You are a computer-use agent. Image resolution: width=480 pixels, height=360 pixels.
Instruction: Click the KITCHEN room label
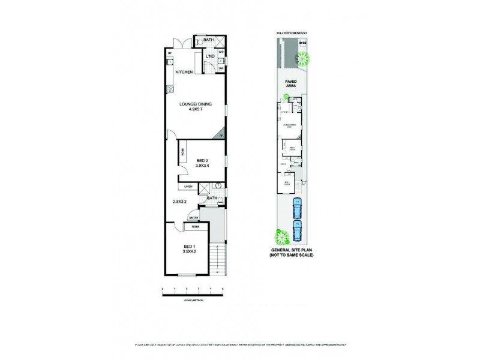click(x=184, y=73)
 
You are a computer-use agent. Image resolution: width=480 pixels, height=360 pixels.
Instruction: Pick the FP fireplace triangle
click(x=221, y=135)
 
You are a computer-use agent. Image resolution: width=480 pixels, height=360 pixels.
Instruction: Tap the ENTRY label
click(x=194, y=217)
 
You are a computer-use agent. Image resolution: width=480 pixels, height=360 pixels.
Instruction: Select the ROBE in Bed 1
click(x=196, y=227)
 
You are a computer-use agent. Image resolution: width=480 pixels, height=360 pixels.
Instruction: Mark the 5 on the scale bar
click(x=223, y=289)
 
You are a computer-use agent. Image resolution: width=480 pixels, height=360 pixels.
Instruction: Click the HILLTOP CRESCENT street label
click(x=292, y=31)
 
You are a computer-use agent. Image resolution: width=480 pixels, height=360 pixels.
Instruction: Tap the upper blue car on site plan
click(x=295, y=209)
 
